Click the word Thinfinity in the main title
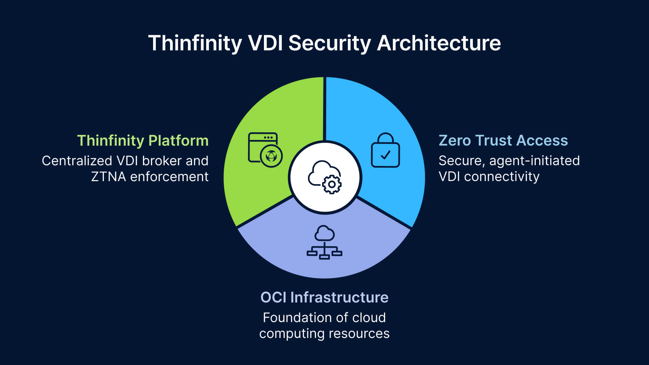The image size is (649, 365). (x=195, y=43)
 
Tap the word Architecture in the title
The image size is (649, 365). (x=439, y=43)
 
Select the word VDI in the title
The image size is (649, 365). (x=265, y=43)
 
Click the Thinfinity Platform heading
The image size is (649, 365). (x=143, y=141)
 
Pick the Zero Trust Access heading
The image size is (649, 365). (x=503, y=140)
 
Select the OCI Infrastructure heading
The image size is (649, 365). (x=324, y=297)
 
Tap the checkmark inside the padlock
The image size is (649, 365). (x=385, y=155)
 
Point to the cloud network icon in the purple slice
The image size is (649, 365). (x=324, y=242)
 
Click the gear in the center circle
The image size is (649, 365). (x=332, y=184)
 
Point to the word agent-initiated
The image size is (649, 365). (x=534, y=161)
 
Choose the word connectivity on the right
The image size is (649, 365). (x=502, y=177)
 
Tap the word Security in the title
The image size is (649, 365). (x=330, y=43)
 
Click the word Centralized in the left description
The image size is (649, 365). (x=77, y=161)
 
